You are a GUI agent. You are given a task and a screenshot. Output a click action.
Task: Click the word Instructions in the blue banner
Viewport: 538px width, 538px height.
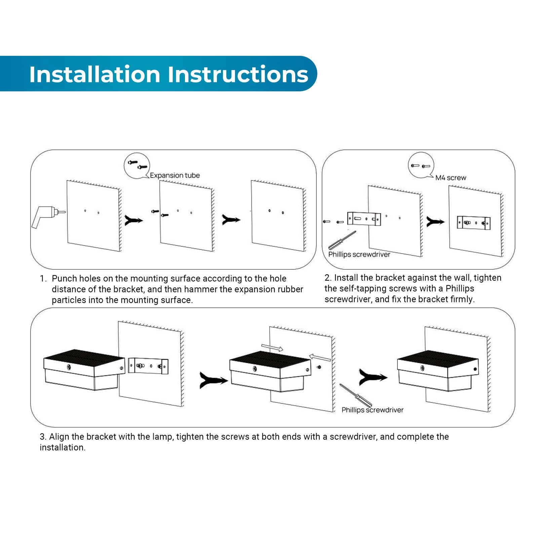[x=238, y=74]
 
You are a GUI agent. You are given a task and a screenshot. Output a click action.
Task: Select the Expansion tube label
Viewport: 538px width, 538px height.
[x=175, y=176]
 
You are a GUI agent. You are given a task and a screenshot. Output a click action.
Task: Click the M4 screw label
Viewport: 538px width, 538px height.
[x=451, y=178]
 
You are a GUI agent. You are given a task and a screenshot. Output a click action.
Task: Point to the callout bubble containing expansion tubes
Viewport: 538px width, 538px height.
[x=137, y=165]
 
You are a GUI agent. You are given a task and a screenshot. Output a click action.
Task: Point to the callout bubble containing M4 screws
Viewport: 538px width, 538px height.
[x=421, y=165]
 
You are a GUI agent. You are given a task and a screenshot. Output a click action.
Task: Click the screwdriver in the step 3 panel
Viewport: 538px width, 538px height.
[x=355, y=395]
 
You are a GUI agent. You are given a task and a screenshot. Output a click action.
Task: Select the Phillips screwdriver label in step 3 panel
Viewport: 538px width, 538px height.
[x=372, y=410]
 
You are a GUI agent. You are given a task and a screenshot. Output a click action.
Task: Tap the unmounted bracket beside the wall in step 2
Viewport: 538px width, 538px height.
[x=364, y=219]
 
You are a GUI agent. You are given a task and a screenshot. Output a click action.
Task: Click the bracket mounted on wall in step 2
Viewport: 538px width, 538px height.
[x=473, y=223]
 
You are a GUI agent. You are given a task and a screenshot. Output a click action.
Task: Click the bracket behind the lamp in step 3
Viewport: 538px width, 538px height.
[x=148, y=366]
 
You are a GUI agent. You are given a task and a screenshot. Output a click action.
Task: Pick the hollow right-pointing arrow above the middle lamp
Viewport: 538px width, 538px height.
[x=272, y=348]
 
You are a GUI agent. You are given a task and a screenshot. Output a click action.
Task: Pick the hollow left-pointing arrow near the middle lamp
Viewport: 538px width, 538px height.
[x=320, y=357]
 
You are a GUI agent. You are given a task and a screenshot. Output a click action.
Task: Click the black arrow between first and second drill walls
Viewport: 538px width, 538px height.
[x=133, y=221]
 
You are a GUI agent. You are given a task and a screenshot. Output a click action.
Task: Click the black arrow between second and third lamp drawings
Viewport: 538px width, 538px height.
[x=372, y=377]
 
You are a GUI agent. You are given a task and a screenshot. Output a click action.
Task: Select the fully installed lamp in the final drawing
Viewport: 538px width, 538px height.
[x=437, y=371]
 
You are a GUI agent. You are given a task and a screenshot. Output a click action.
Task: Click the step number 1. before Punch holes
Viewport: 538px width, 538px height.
[x=43, y=279]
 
